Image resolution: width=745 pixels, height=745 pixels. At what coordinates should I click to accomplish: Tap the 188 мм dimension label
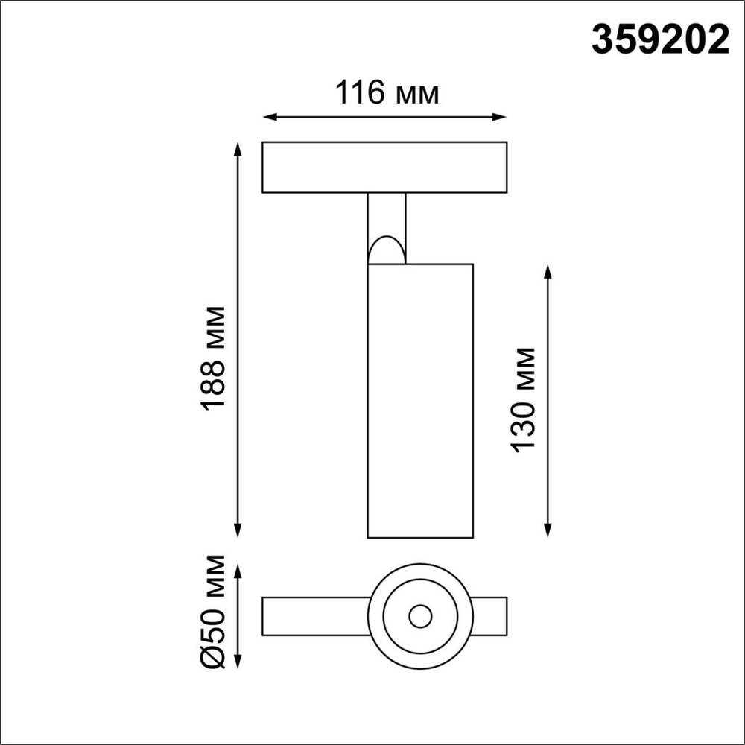(214, 357)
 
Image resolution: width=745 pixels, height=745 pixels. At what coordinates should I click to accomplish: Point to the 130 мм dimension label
(524, 399)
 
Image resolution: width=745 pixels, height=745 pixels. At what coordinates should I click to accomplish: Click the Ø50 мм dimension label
(214, 611)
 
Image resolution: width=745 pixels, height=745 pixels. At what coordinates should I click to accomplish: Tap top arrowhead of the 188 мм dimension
(238, 147)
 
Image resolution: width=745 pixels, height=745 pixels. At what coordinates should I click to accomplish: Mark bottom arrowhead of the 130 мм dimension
(548, 530)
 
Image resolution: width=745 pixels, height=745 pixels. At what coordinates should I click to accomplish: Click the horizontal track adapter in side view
(384, 167)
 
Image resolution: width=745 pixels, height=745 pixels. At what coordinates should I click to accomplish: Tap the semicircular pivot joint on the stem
(387, 251)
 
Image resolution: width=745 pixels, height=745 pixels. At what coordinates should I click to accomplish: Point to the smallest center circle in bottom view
(419, 616)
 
